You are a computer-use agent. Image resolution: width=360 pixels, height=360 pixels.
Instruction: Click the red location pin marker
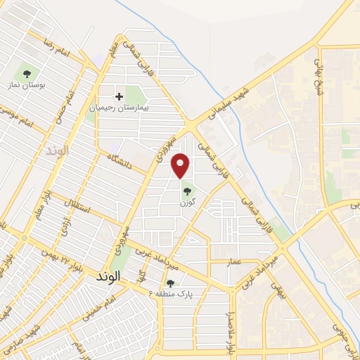point(181,166)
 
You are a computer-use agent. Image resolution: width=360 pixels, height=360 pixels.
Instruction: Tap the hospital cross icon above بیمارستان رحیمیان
point(119,96)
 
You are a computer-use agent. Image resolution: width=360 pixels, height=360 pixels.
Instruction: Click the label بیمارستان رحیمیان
point(118,110)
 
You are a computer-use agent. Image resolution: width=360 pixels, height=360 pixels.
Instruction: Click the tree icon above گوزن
point(186,190)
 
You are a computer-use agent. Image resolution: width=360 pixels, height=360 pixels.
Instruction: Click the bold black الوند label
point(110,277)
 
